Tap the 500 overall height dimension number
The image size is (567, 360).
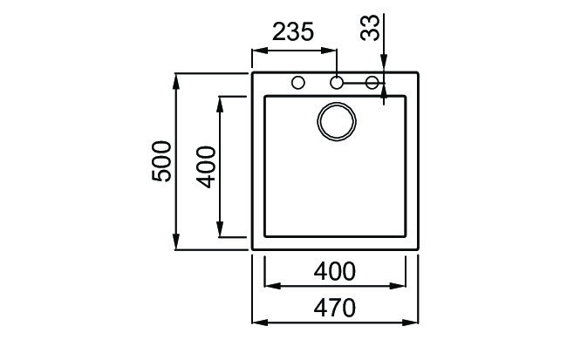[x=162, y=161]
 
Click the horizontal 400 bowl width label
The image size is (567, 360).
[x=334, y=271]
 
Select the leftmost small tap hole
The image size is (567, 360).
[x=298, y=84]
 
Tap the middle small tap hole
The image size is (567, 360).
[x=337, y=84]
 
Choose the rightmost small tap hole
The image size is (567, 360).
[x=372, y=84]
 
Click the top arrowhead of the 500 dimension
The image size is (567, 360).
[x=177, y=80]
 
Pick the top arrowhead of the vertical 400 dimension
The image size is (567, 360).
[x=221, y=101]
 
